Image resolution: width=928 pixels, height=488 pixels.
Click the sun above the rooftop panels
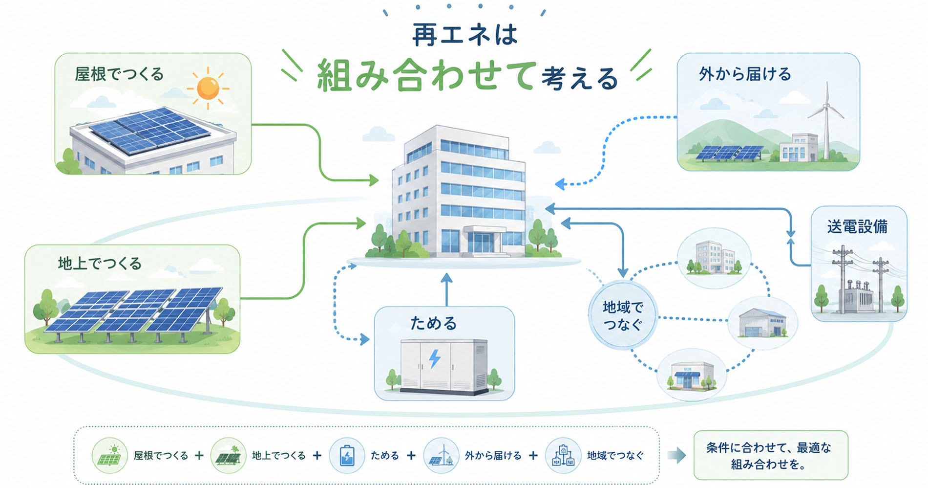tap(209, 88)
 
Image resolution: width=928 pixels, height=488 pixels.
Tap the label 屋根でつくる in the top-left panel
tap(119, 74)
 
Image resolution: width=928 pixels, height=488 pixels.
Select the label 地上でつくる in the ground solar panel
tap(100, 264)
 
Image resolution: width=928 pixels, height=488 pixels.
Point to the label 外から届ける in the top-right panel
tap(745, 74)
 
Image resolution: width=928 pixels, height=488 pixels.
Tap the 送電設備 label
tap(858, 227)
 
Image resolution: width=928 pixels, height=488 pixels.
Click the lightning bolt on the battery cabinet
tap(434, 358)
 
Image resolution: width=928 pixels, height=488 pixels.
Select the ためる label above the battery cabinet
tap(433, 323)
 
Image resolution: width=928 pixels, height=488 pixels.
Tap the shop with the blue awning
tap(689, 376)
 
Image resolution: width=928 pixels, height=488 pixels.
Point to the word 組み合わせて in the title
tap(426, 76)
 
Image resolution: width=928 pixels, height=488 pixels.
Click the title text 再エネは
tap(464, 35)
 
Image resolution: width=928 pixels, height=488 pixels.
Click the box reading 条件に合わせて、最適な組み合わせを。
tap(770, 456)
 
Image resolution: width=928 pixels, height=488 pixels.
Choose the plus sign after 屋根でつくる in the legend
tap(199, 456)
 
